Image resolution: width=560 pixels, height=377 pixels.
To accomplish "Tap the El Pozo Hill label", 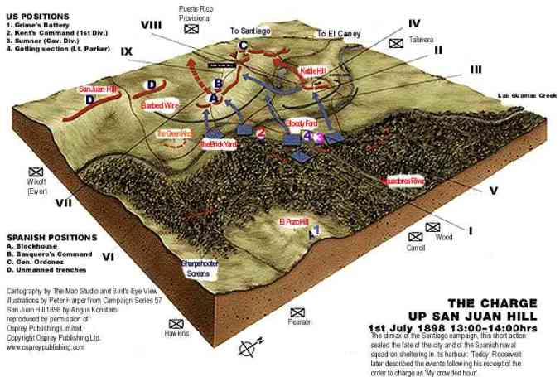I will [x=293, y=222].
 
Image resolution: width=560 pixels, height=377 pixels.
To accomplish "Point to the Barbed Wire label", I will [x=159, y=105].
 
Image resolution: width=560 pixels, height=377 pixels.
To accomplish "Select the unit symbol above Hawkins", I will [x=176, y=322].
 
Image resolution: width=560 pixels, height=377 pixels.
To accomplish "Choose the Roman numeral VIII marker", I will [x=152, y=26].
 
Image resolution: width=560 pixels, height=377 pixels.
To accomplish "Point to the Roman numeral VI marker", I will [x=109, y=257].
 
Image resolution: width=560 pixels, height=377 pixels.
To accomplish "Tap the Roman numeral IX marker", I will [x=127, y=51].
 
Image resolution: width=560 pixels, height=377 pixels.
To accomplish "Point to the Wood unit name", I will [x=445, y=237].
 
